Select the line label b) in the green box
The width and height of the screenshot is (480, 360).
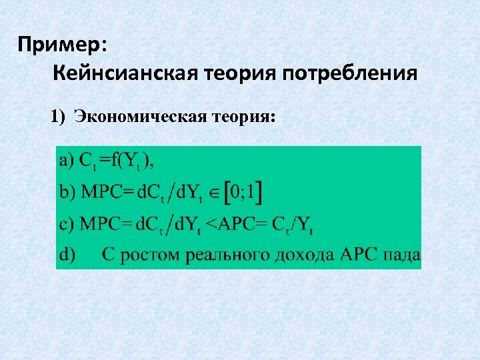(x=68, y=192)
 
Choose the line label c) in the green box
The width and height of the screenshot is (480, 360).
(x=67, y=224)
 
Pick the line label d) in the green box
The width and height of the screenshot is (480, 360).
(x=68, y=254)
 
